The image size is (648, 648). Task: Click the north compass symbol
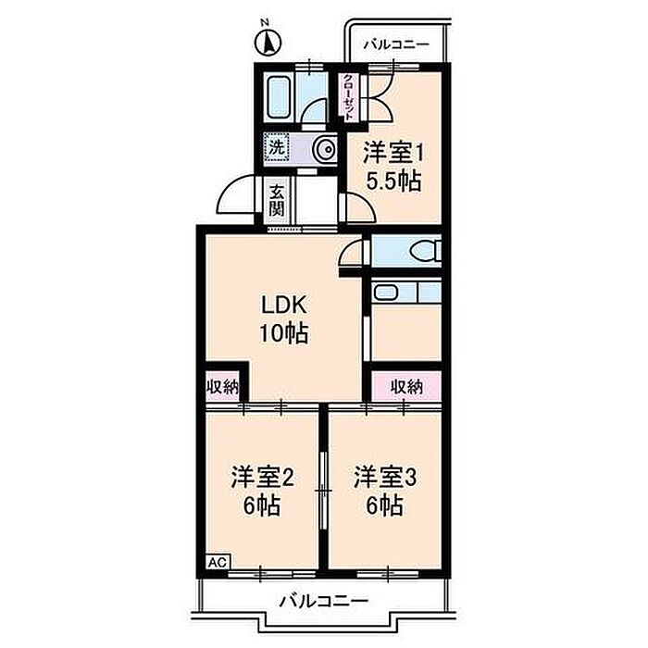[268, 43]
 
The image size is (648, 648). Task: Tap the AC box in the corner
[218, 562]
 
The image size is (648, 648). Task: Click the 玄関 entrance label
[277, 201]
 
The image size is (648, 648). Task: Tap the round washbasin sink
[325, 149]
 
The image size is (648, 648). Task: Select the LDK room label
[284, 305]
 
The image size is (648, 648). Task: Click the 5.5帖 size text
[393, 181]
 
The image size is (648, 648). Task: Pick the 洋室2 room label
[263, 478]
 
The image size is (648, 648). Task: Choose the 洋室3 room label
[385, 478]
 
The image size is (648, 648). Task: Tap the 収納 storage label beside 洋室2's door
[223, 387]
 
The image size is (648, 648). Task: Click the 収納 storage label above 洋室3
[407, 387]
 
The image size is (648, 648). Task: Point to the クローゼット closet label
[349, 97]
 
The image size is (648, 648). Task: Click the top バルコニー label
[396, 44]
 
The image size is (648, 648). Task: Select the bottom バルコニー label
[324, 601]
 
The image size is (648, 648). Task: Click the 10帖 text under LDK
[284, 333]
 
